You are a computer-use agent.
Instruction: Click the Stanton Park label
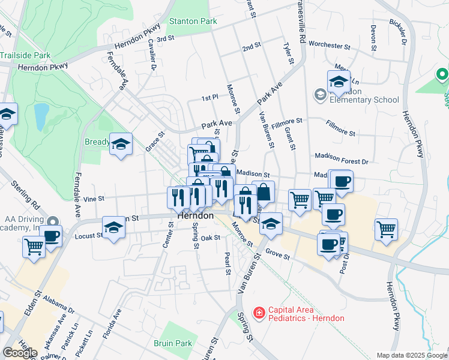click(x=192, y=21)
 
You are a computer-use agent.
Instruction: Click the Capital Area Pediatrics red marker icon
click(x=259, y=313)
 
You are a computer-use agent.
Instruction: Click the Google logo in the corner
click(x=20, y=353)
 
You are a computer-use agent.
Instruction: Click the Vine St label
click(x=94, y=199)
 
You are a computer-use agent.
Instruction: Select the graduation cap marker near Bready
click(x=121, y=144)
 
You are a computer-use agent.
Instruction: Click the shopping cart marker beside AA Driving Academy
click(x=34, y=246)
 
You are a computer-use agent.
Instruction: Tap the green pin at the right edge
click(x=442, y=76)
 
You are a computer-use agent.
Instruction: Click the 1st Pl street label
click(x=209, y=97)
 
